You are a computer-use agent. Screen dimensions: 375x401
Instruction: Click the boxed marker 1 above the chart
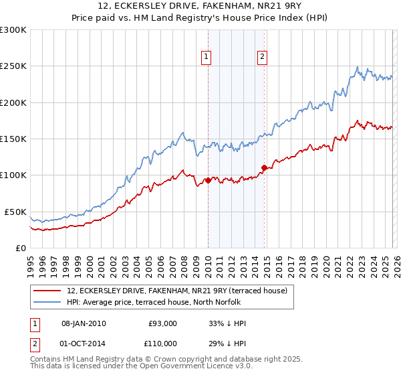pyautogui.click(x=207, y=58)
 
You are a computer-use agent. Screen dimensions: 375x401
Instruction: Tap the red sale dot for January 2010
pyautogui.click(x=208, y=180)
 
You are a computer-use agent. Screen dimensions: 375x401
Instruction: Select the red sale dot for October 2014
pyautogui.click(x=264, y=167)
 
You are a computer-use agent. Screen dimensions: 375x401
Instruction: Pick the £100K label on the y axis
pyautogui.click(x=13, y=175)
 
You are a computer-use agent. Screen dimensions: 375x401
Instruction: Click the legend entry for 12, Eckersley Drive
pyautogui.click(x=176, y=291)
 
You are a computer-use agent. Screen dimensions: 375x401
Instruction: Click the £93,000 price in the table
pyautogui.click(x=162, y=323)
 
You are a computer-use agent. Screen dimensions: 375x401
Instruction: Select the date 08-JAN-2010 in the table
pyautogui.click(x=84, y=323)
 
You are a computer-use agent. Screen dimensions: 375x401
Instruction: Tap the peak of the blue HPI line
pyautogui.click(x=358, y=67)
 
